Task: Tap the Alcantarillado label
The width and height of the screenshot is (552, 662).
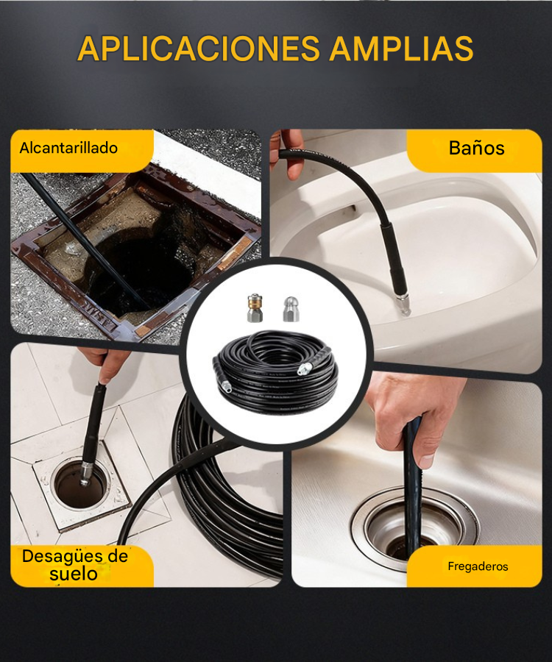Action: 68,148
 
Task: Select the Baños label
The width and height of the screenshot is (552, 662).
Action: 476,148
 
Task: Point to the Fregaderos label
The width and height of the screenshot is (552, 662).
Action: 478,566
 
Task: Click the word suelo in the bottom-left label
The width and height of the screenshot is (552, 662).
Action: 74,574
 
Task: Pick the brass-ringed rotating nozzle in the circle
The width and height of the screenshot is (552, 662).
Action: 255,308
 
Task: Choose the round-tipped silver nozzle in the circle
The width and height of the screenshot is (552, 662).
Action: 291,309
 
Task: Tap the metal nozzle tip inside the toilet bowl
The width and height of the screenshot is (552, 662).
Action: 403,305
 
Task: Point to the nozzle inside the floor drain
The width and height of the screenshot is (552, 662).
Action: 85,472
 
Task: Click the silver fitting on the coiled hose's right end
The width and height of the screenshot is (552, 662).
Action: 303,369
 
